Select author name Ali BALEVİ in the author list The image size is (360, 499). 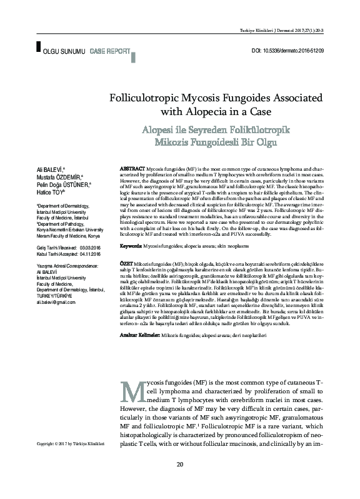[x=52, y=169]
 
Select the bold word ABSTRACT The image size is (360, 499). [x=132, y=169]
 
